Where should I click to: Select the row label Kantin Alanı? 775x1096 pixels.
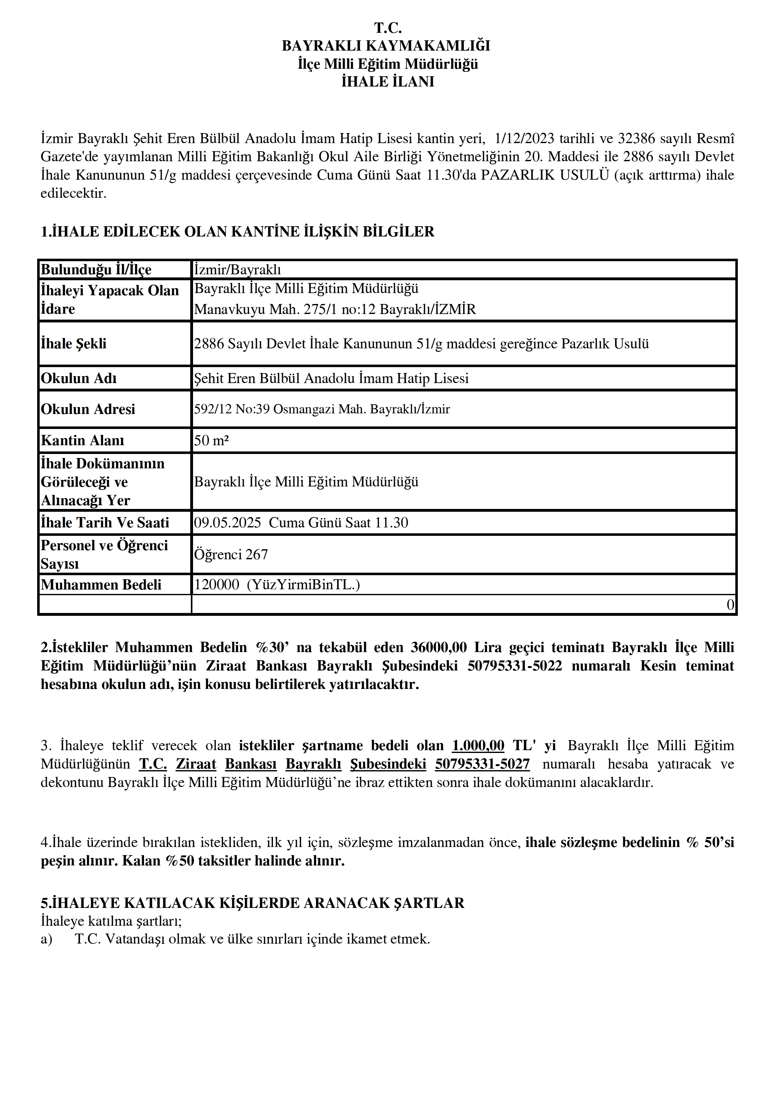coord(82,440)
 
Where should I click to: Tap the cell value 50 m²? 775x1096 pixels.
coord(211,440)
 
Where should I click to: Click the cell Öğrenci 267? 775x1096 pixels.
coord(231,554)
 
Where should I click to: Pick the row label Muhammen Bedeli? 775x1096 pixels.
coord(101,585)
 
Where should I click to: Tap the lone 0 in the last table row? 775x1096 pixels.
coord(730,605)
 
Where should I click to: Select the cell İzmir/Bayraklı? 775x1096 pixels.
coord(237,270)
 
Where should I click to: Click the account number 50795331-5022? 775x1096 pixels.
coord(514,666)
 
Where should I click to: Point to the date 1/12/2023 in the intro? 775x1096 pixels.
coord(524,138)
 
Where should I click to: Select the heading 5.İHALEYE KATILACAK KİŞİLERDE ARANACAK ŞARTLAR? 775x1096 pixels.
coord(252,903)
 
